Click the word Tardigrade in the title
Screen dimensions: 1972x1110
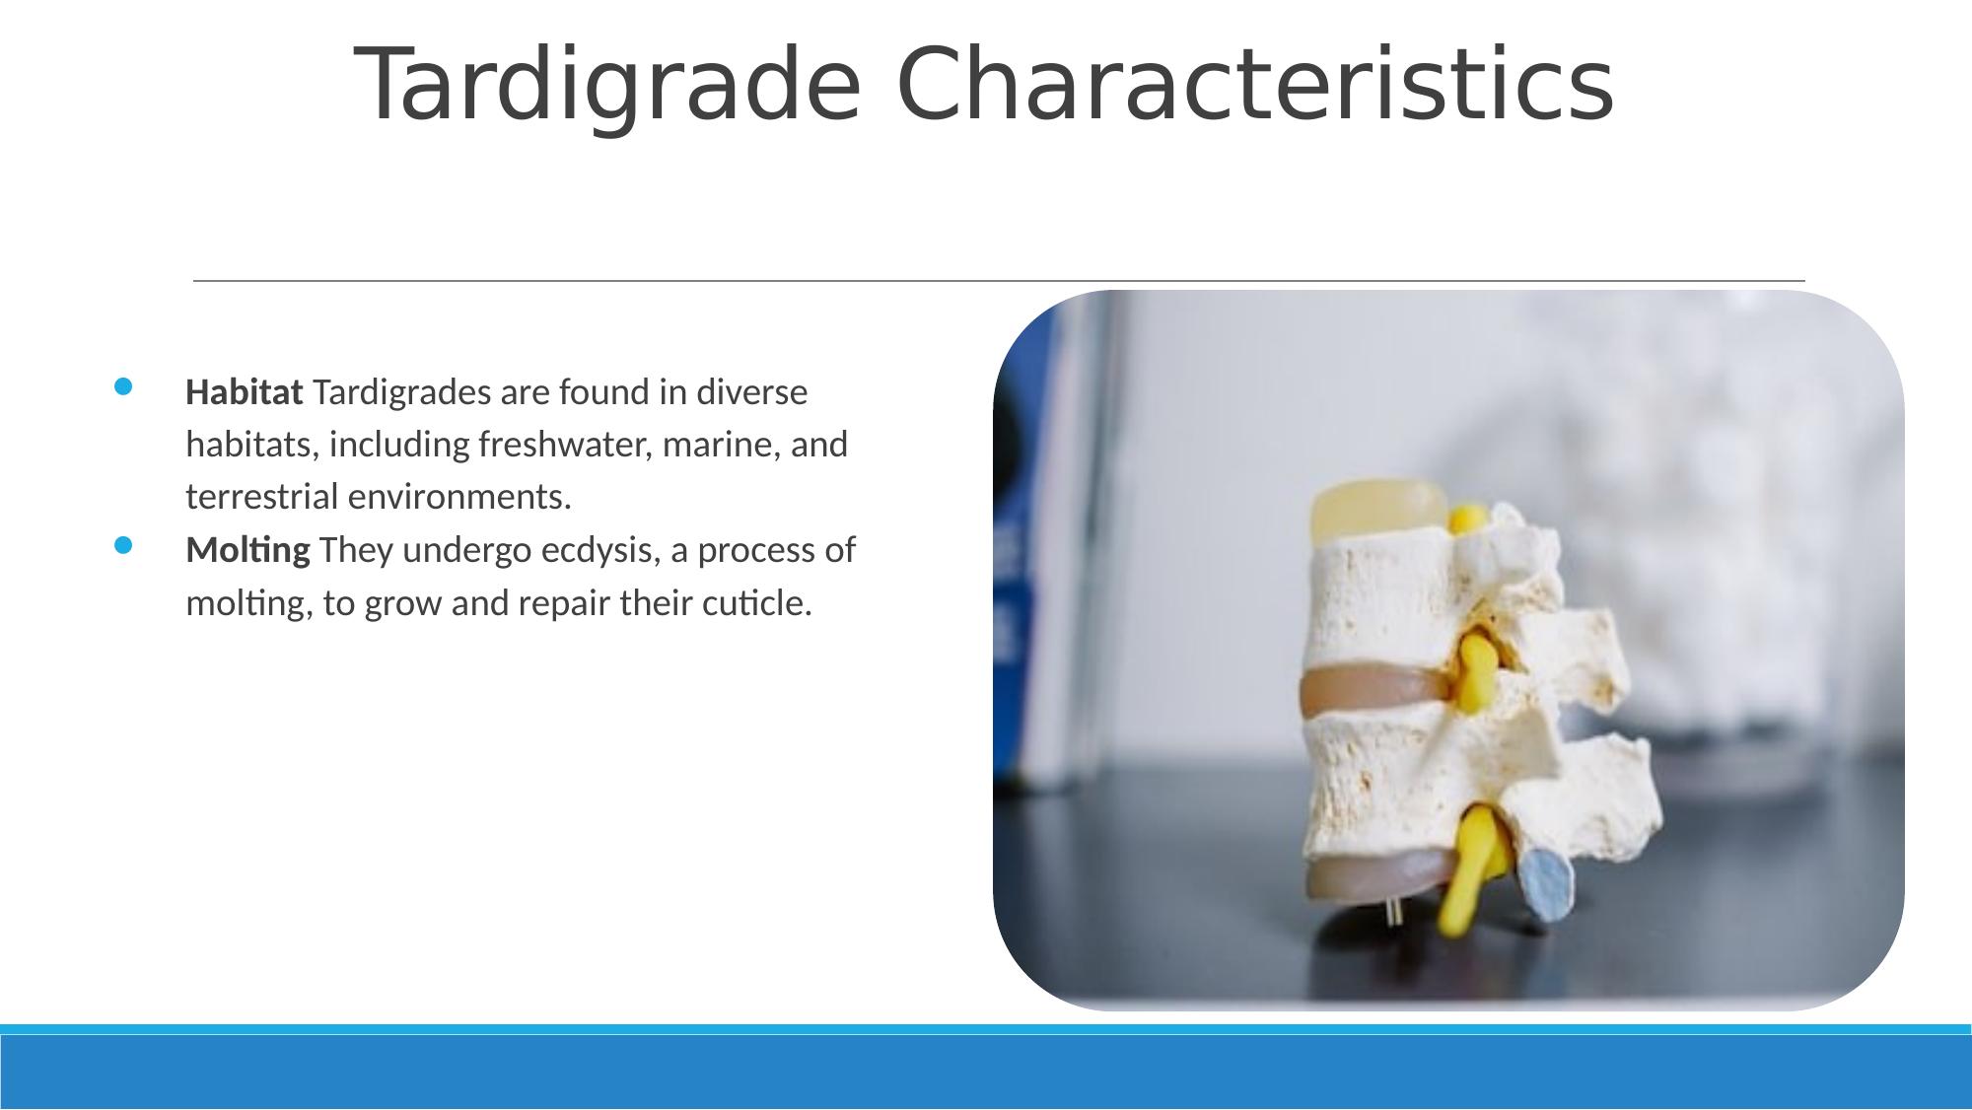coord(607,87)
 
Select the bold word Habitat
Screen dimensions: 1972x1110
coord(244,392)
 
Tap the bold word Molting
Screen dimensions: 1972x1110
coord(247,550)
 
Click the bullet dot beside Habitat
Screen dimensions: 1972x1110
coord(122,386)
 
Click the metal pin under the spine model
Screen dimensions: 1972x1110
coord(1394,912)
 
